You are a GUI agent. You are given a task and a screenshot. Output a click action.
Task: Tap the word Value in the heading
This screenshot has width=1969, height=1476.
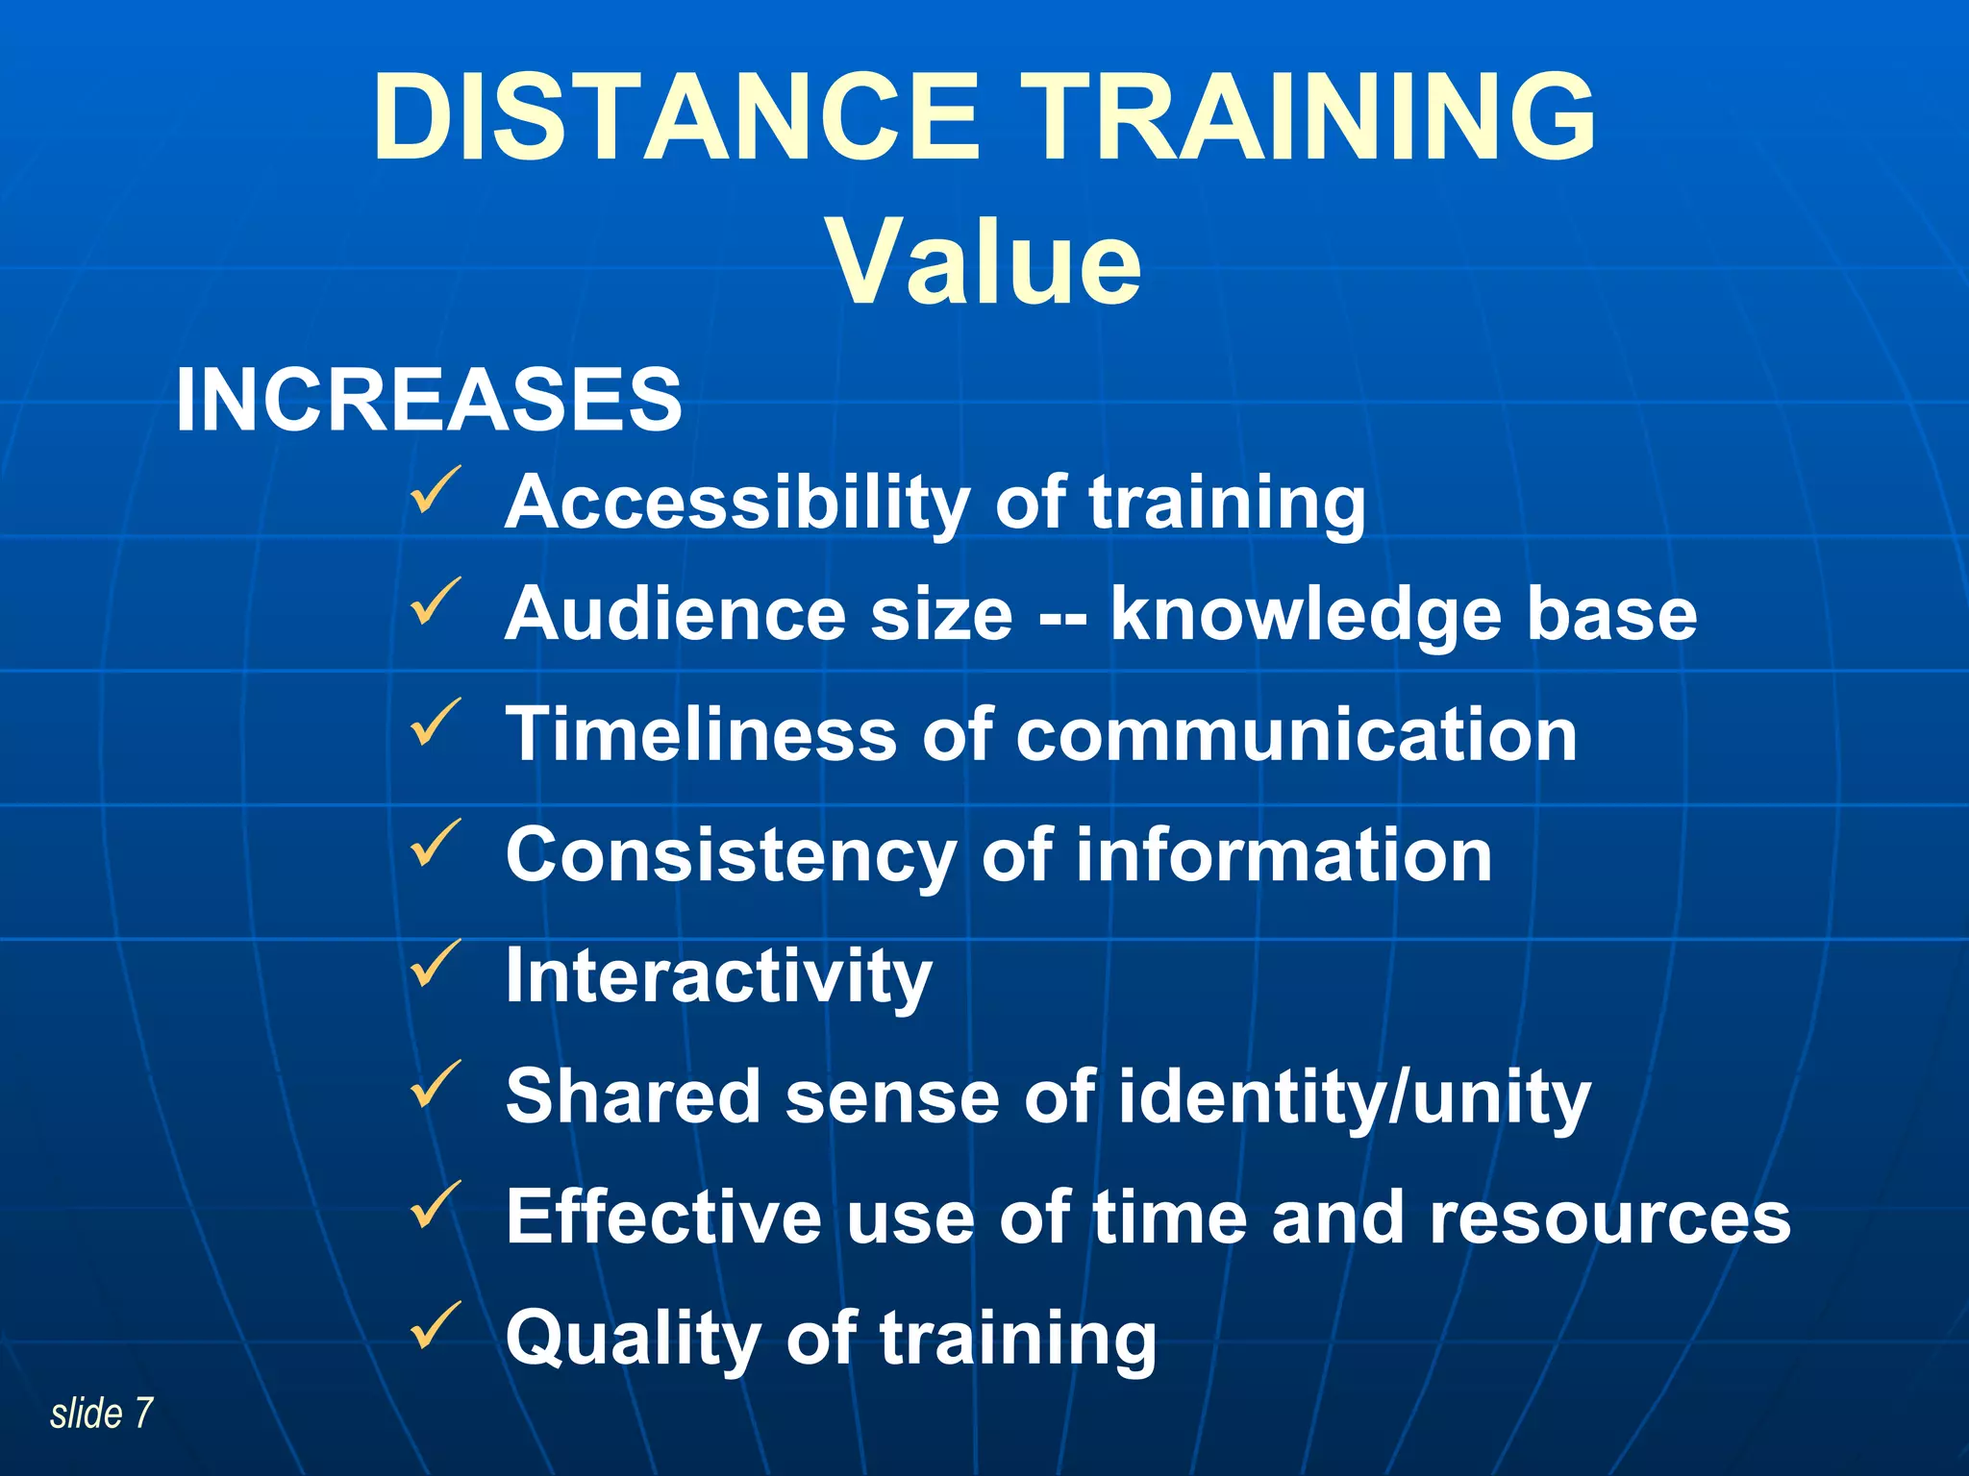click(x=984, y=261)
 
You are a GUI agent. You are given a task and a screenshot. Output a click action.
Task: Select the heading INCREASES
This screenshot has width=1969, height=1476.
click(x=429, y=400)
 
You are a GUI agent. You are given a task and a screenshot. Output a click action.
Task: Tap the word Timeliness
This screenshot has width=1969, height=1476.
click(x=702, y=735)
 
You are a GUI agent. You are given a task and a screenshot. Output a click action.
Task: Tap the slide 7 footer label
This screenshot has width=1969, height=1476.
click(x=101, y=1414)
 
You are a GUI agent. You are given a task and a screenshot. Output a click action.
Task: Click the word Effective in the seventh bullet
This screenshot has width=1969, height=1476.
click(x=663, y=1218)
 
